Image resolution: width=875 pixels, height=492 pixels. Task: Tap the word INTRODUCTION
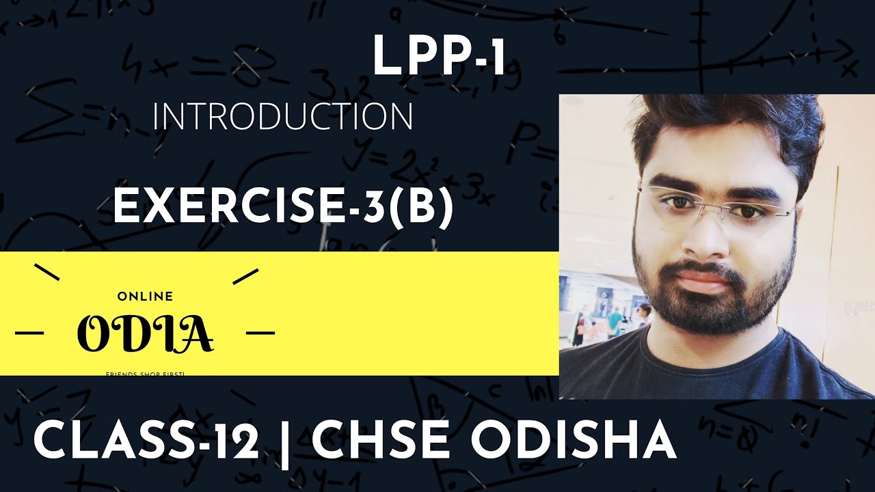[282, 117]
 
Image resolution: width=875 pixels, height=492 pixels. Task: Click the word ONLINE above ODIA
[145, 297]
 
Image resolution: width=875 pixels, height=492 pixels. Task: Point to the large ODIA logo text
[145, 333]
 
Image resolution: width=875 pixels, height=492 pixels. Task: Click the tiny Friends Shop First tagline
[145, 373]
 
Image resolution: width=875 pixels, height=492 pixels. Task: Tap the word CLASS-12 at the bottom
[146, 441]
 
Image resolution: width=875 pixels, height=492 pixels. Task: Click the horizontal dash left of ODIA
[29, 333]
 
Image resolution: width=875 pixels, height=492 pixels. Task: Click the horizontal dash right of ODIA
[260, 333]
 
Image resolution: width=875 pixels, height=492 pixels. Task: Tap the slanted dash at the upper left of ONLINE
[46, 273]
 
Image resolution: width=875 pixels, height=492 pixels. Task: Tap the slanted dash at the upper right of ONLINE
[245, 276]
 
